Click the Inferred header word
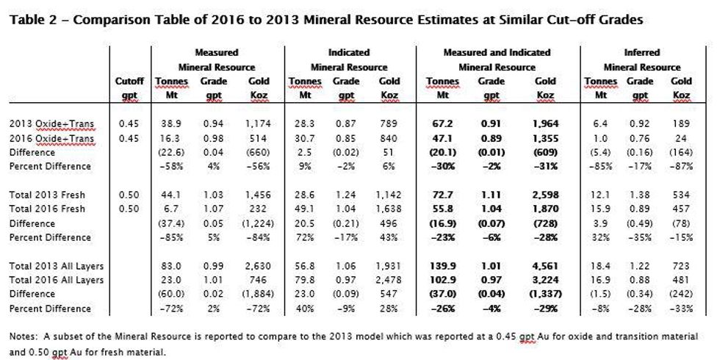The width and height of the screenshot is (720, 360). point(641,53)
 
